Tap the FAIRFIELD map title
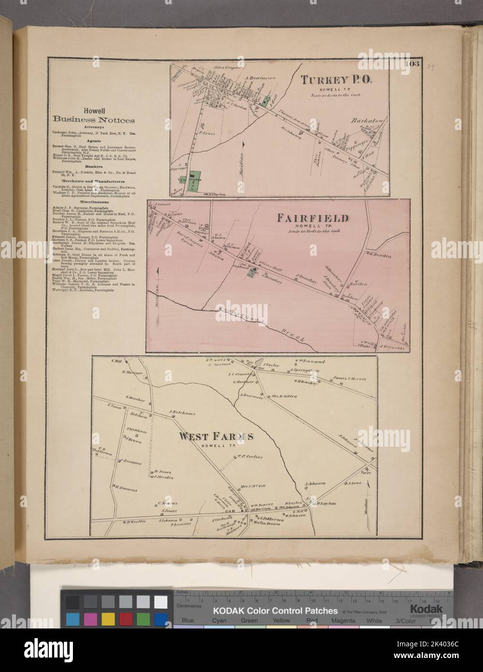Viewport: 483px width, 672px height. point(311,218)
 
